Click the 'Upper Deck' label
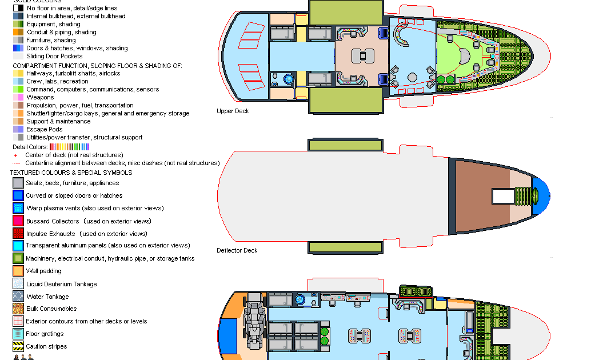(233, 111)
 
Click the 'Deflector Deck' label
(237, 250)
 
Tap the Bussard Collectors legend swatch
(18, 221)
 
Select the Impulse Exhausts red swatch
(18, 233)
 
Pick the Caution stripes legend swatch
(18, 346)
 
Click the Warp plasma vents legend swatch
(18, 208)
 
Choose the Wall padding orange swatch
(18, 271)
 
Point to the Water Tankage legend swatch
(18, 296)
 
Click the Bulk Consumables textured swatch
(18, 309)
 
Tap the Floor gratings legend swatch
(18, 334)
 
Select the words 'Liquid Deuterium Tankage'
(62, 284)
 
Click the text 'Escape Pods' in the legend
(45, 129)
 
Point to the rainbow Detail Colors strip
(69, 147)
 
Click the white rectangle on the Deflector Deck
(503, 196)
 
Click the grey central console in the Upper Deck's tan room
(362, 56)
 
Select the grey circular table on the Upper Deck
(412, 78)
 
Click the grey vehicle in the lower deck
(254, 321)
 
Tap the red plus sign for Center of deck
(15, 155)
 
